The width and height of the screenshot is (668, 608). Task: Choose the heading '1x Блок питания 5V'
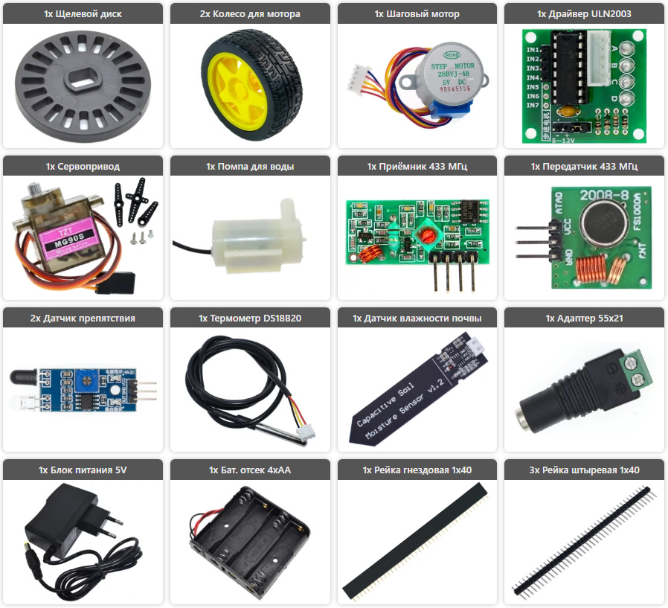pyautogui.click(x=83, y=470)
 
